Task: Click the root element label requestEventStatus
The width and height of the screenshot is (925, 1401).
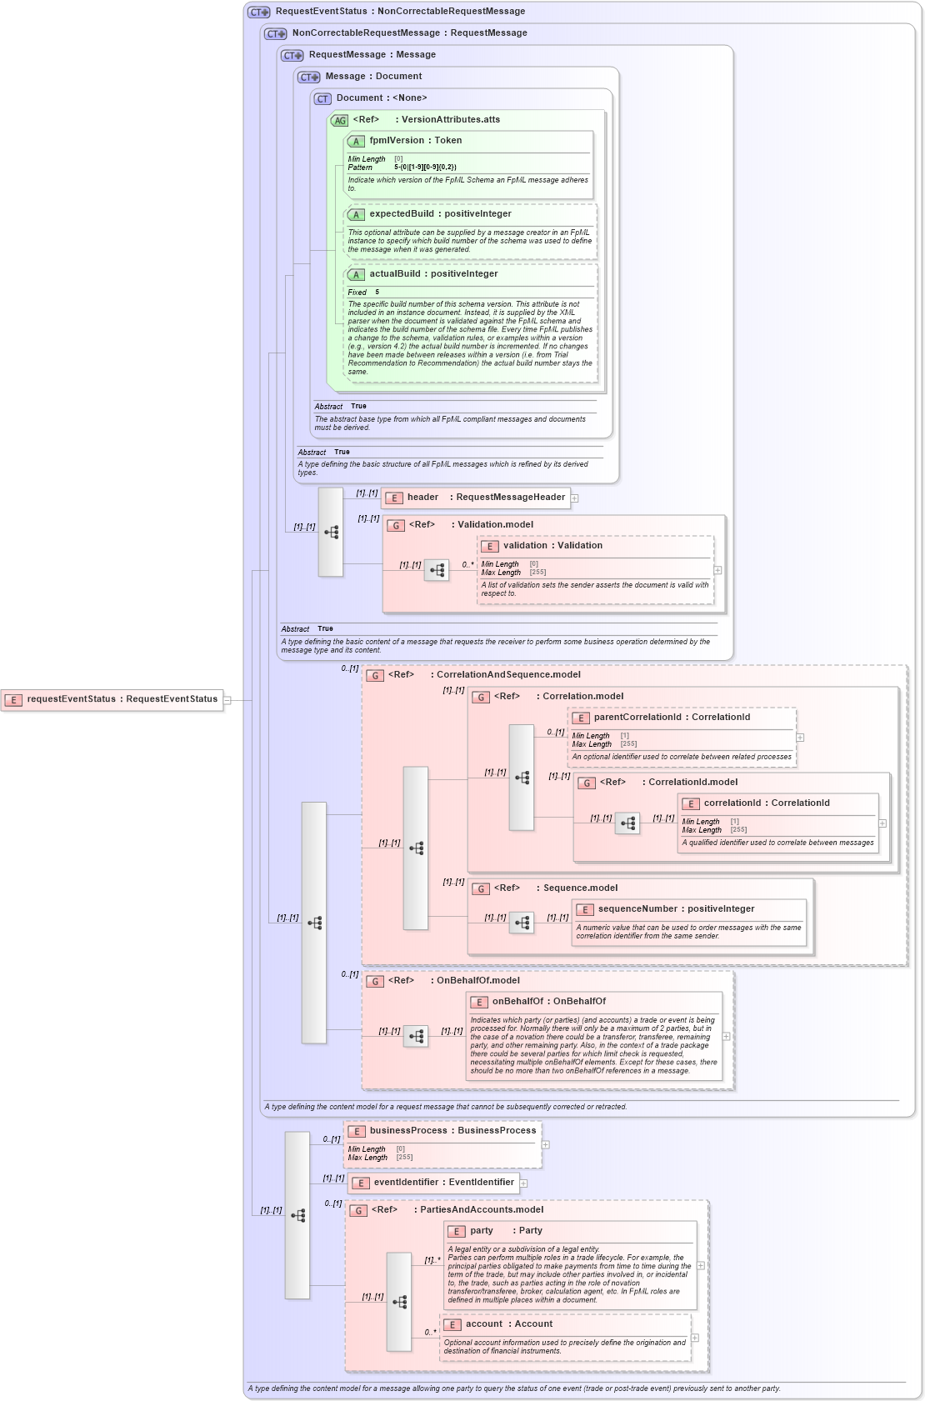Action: pos(71,699)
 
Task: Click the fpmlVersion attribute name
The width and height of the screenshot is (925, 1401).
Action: pos(397,141)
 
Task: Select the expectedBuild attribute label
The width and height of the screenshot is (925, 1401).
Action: pos(401,214)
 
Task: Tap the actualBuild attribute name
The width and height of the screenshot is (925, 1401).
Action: pos(395,274)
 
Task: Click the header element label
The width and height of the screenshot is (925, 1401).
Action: pos(422,498)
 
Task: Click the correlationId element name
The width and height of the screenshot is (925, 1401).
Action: pos(732,803)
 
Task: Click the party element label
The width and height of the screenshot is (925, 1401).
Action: pos(481,1231)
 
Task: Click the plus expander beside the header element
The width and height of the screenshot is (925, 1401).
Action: pos(574,498)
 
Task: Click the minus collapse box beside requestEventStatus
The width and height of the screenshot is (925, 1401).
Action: pos(227,700)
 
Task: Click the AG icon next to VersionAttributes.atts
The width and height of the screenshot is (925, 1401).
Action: pos(339,121)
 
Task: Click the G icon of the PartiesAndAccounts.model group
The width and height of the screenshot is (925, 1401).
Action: pos(358,1211)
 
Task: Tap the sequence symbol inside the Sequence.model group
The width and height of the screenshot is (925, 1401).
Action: pos(522,922)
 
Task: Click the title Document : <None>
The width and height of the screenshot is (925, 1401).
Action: pos(381,98)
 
